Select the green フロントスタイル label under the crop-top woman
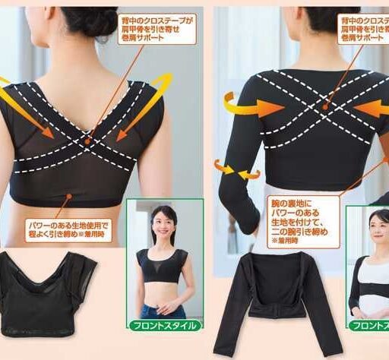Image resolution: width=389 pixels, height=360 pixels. coord(165,325)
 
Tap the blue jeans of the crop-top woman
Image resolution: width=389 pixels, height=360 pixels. coord(164,311)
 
